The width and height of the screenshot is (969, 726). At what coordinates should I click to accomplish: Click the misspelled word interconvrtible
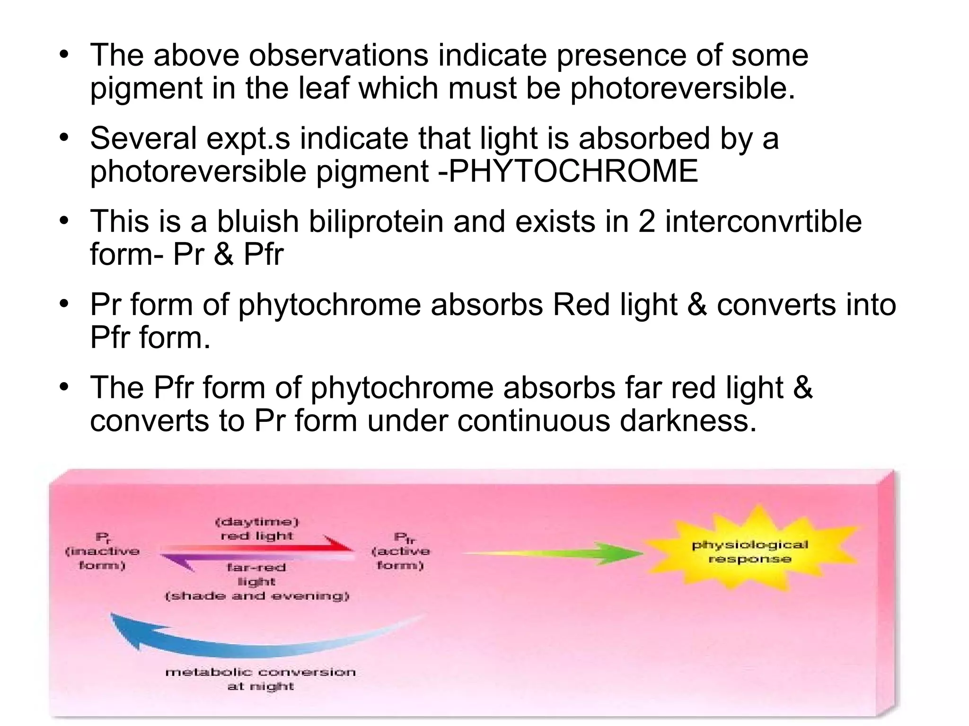coord(763,221)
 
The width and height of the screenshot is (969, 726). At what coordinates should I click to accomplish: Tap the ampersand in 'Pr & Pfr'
coord(223,254)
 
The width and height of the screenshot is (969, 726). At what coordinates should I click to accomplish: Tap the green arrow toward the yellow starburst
coord(568,553)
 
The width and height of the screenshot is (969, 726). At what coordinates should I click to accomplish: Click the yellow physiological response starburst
coord(749,552)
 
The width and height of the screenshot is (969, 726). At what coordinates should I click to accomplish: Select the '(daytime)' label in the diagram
coord(257,522)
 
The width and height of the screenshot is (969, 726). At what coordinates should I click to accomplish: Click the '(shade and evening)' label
coord(257,596)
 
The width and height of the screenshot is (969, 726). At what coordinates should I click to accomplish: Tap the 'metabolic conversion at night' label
coord(260,679)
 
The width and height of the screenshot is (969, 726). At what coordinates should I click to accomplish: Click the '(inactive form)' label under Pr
coord(102,559)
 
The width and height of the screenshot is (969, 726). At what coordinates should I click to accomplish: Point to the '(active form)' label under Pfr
coord(400,558)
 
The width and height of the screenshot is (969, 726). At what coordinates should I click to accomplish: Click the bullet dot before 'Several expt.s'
coord(64,139)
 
